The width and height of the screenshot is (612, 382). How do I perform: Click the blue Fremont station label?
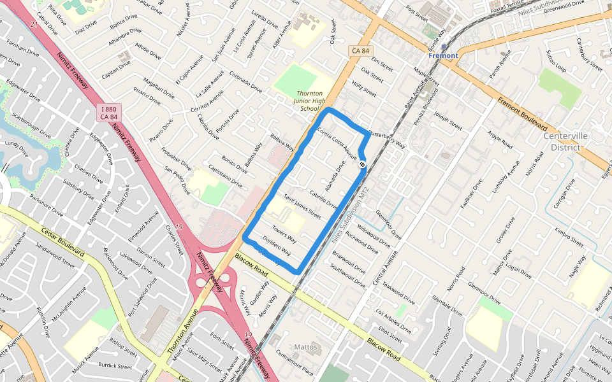[x=443, y=56]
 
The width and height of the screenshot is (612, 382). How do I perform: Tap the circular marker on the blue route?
[x=362, y=165]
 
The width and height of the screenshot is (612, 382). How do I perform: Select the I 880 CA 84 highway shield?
[x=110, y=113]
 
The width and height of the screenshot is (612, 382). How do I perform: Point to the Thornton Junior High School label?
[x=310, y=101]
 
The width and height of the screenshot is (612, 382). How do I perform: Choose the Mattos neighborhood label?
[x=305, y=347]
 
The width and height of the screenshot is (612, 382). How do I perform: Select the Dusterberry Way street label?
[x=387, y=140]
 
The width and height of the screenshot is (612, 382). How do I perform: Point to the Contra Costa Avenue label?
[x=337, y=143]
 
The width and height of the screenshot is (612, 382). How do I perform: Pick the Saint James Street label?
[x=302, y=207]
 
